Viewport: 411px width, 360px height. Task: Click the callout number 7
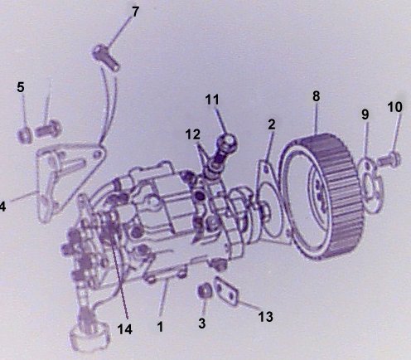point(135,12)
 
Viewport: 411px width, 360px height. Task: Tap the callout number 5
point(21,87)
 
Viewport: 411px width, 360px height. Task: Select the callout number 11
point(212,100)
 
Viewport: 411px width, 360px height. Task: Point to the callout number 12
point(193,134)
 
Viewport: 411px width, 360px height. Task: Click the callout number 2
point(272,124)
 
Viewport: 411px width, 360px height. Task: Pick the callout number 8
point(317,96)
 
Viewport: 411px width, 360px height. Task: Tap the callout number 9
point(365,114)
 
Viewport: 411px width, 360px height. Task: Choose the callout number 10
point(395,107)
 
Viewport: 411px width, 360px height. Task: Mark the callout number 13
point(266,317)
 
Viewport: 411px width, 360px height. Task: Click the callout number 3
point(202,323)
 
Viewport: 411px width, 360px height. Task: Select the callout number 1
point(160,327)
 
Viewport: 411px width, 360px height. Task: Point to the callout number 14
point(125,329)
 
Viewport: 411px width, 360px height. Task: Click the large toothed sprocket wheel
point(322,197)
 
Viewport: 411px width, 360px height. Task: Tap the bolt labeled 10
point(389,159)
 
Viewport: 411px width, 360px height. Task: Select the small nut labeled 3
point(205,290)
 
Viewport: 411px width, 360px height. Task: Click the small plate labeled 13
point(226,291)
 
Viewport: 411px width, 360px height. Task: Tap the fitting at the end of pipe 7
point(105,57)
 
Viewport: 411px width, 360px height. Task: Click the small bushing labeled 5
point(25,135)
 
